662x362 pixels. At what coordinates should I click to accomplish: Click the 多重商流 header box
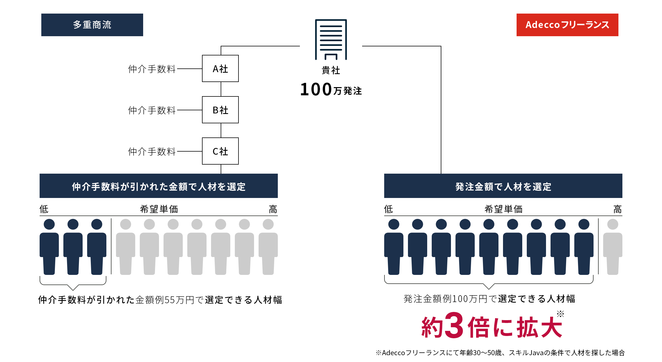pos(92,25)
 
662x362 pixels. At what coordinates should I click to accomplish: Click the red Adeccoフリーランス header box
pos(567,25)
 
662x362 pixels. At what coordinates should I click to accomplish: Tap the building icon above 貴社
pos(331,40)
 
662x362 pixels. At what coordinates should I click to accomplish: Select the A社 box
pos(220,68)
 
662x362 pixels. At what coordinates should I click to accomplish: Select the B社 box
pos(220,110)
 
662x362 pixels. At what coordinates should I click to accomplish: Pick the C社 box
pos(220,151)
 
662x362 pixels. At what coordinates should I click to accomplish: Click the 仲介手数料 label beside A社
pos(152,69)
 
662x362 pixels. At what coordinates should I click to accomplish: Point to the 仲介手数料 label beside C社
pos(152,151)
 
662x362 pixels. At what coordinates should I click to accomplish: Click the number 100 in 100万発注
pos(316,89)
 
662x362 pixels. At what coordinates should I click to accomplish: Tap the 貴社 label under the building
pos(331,70)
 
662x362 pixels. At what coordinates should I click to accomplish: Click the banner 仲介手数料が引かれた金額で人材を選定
pos(158,186)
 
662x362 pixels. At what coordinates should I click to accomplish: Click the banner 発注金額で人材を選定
pos(503,186)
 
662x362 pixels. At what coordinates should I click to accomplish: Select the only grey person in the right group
pos(612,246)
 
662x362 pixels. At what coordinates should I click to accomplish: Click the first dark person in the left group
pos(49,246)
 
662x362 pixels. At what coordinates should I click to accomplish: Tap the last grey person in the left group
pos(268,246)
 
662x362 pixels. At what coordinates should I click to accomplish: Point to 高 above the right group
pos(617,209)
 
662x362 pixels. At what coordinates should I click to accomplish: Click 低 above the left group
pos(44,209)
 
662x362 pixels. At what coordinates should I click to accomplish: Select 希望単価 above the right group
pos(503,209)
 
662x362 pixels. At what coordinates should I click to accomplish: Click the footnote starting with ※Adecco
pos(500,353)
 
